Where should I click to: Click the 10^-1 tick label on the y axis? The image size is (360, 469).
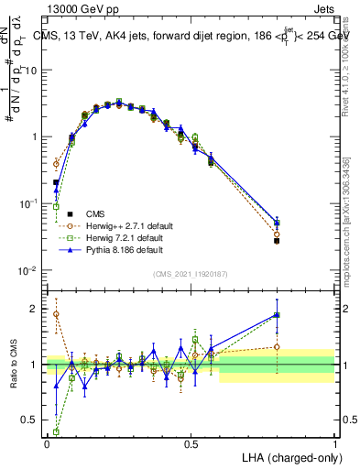click(x=29, y=203)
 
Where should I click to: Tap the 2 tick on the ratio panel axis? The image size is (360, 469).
click(x=36, y=309)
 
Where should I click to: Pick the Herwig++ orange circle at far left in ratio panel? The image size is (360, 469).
click(x=56, y=314)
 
